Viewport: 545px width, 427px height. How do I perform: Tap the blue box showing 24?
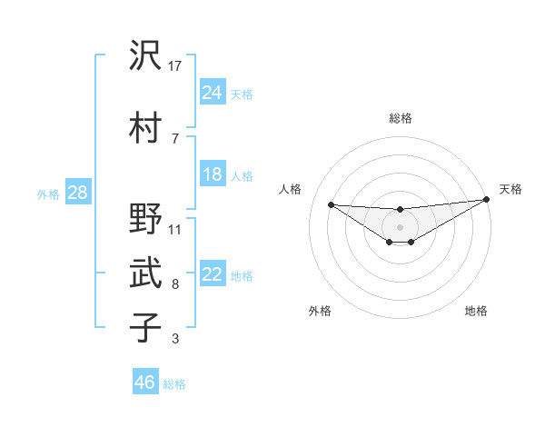pyautogui.click(x=213, y=92)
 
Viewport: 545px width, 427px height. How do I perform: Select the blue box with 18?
pyautogui.click(x=213, y=174)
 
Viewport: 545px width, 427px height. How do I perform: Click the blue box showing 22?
pyautogui.click(x=213, y=274)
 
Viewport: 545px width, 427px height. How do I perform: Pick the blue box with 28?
pyautogui.click(x=77, y=193)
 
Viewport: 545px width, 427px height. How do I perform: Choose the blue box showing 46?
pyautogui.click(x=145, y=382)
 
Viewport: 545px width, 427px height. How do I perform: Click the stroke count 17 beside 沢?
pyautogui.click(x=176, y=65)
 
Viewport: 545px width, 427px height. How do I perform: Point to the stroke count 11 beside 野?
pyautogui.click(x=175, y=229)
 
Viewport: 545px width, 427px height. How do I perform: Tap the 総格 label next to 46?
pyautogui.click(x=174, y=384)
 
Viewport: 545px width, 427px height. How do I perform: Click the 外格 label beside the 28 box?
pyautogui.click(x=47, y=194)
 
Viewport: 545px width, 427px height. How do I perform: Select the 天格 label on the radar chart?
pyautogui.click(x=510, y=189)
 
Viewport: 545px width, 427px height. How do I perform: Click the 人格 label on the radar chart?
pyautogui.click(x=291, y=189)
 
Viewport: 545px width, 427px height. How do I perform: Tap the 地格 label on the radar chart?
pyautogui.click(x=476, y=311)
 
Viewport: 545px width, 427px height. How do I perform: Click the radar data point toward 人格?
pyautogui.click(x=331, y=204)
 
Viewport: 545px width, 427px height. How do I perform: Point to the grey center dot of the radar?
pyautogui.click(x=400, y=226)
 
